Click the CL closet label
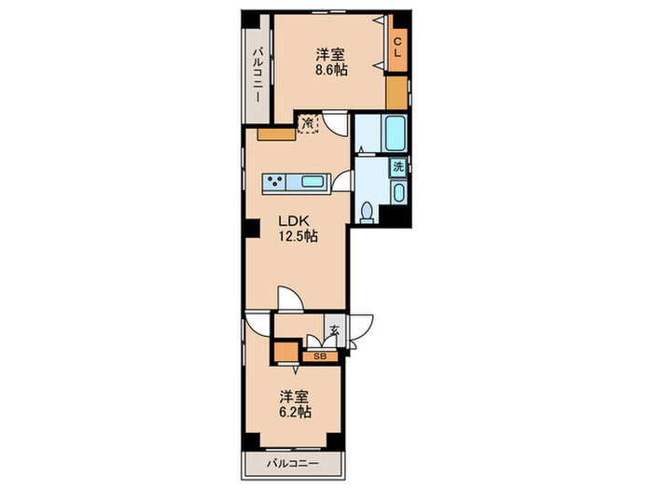(x=397, y=47)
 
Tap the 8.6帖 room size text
(x=331, y=70)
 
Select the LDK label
(x=294, y=220)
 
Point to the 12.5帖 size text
(x=299, y=236)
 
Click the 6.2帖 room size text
(x=295, y=413)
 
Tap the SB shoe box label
(x=320, y=357)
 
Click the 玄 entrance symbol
(x=334, y=330)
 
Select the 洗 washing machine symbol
(x=398, y=167)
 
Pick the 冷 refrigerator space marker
(x=309, y=123)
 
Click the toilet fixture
(x=367, y=212)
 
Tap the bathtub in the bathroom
(x=396, y=133)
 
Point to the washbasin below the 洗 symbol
(x=399, y=192)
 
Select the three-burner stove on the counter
(x=275, y=181)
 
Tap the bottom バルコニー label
(x=293, y=463)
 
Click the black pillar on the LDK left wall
(x=252, y=229)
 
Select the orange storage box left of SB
(x=285, y=352)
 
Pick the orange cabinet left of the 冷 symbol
(x=276, y=134)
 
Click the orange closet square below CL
(x=396, y=93)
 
